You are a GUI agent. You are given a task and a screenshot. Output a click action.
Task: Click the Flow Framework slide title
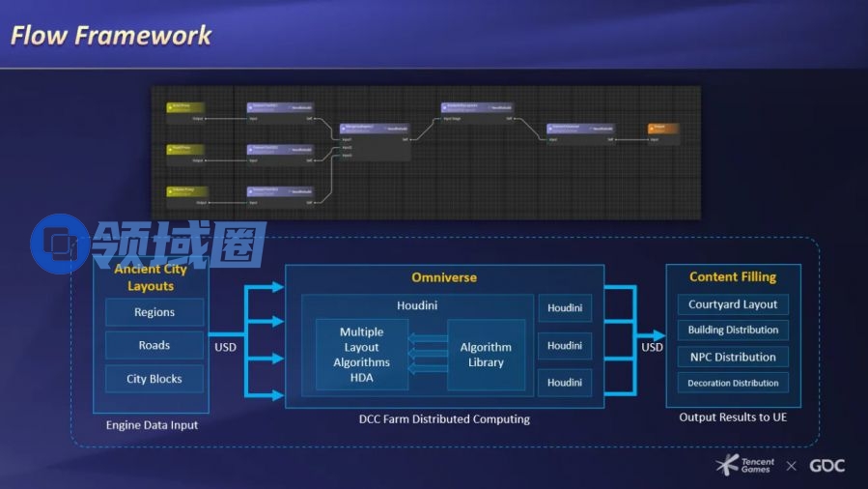coord(111,36)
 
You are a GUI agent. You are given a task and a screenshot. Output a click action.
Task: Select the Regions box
coord(154,312)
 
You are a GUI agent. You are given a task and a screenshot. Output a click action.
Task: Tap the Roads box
coord(154,345)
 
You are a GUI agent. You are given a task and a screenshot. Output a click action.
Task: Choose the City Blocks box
coord(154,379)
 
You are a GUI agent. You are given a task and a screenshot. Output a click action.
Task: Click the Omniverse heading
coord(444,277)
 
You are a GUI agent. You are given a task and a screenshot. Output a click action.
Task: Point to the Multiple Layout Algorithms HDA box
coord(362,355)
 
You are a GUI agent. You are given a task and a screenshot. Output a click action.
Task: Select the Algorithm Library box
coord(486,355)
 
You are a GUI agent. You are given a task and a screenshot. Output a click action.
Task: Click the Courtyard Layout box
coord(733,304)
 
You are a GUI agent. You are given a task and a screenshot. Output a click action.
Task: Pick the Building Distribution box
coord(733,331)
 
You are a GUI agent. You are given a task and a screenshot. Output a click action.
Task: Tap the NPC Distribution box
coord(733,357)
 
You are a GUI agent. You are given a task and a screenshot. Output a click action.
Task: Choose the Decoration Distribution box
coord(733,383)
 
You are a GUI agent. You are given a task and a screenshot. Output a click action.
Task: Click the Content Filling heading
coord(733,277)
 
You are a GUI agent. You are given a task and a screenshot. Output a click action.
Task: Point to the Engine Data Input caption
coord(152,425)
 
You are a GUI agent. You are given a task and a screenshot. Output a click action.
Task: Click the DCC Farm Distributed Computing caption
coord(444,419)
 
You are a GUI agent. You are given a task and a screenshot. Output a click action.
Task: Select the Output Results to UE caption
coord(733,417)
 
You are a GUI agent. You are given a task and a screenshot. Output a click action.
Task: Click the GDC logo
coord(826,466)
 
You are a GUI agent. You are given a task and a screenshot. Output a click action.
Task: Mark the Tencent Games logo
coord(745,466)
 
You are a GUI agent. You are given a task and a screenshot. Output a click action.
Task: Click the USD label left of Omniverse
coord(225,347)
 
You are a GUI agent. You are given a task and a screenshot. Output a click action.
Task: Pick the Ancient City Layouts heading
coord(151,277)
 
